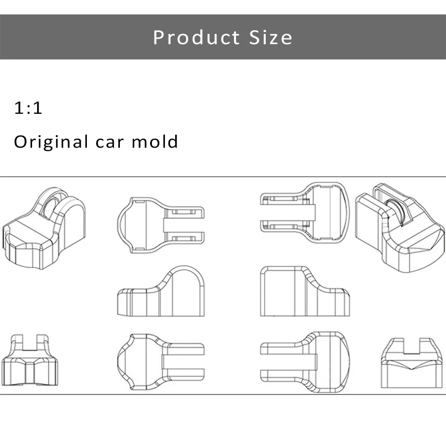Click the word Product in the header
(x=197, y=38)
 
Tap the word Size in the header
(x=270, y=38)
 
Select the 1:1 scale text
(x=28, y=108)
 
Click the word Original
(x=51, y=142)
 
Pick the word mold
(x=155, y=141)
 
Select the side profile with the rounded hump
(x=161, y=291)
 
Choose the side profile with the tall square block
(x=305, y=291)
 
